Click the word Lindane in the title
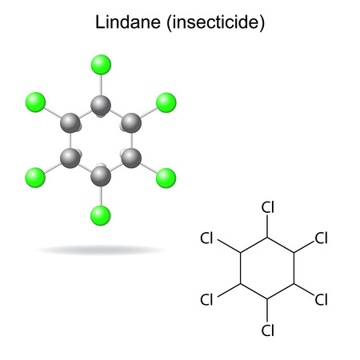[128, 22]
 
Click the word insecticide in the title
[216, 22]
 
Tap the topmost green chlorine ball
[101, 65]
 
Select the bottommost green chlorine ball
[101, 215]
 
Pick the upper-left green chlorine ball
[35, 102]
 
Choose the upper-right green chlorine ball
[166, 102]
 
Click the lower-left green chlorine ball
[35, 178]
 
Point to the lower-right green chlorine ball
[166, 178]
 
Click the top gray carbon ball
[101, 105]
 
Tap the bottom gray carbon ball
[101, 176]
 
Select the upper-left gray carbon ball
[70, 122]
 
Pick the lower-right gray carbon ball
[131, 158]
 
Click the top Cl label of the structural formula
[268, 207]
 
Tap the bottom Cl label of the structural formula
[268, 330]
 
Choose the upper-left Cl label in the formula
[206, 238]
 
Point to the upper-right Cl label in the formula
[321, 238]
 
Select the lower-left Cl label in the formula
[206, 299]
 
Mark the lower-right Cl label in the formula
[321, 299]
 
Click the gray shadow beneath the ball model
[101, 250]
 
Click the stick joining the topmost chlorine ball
[101, 85]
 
